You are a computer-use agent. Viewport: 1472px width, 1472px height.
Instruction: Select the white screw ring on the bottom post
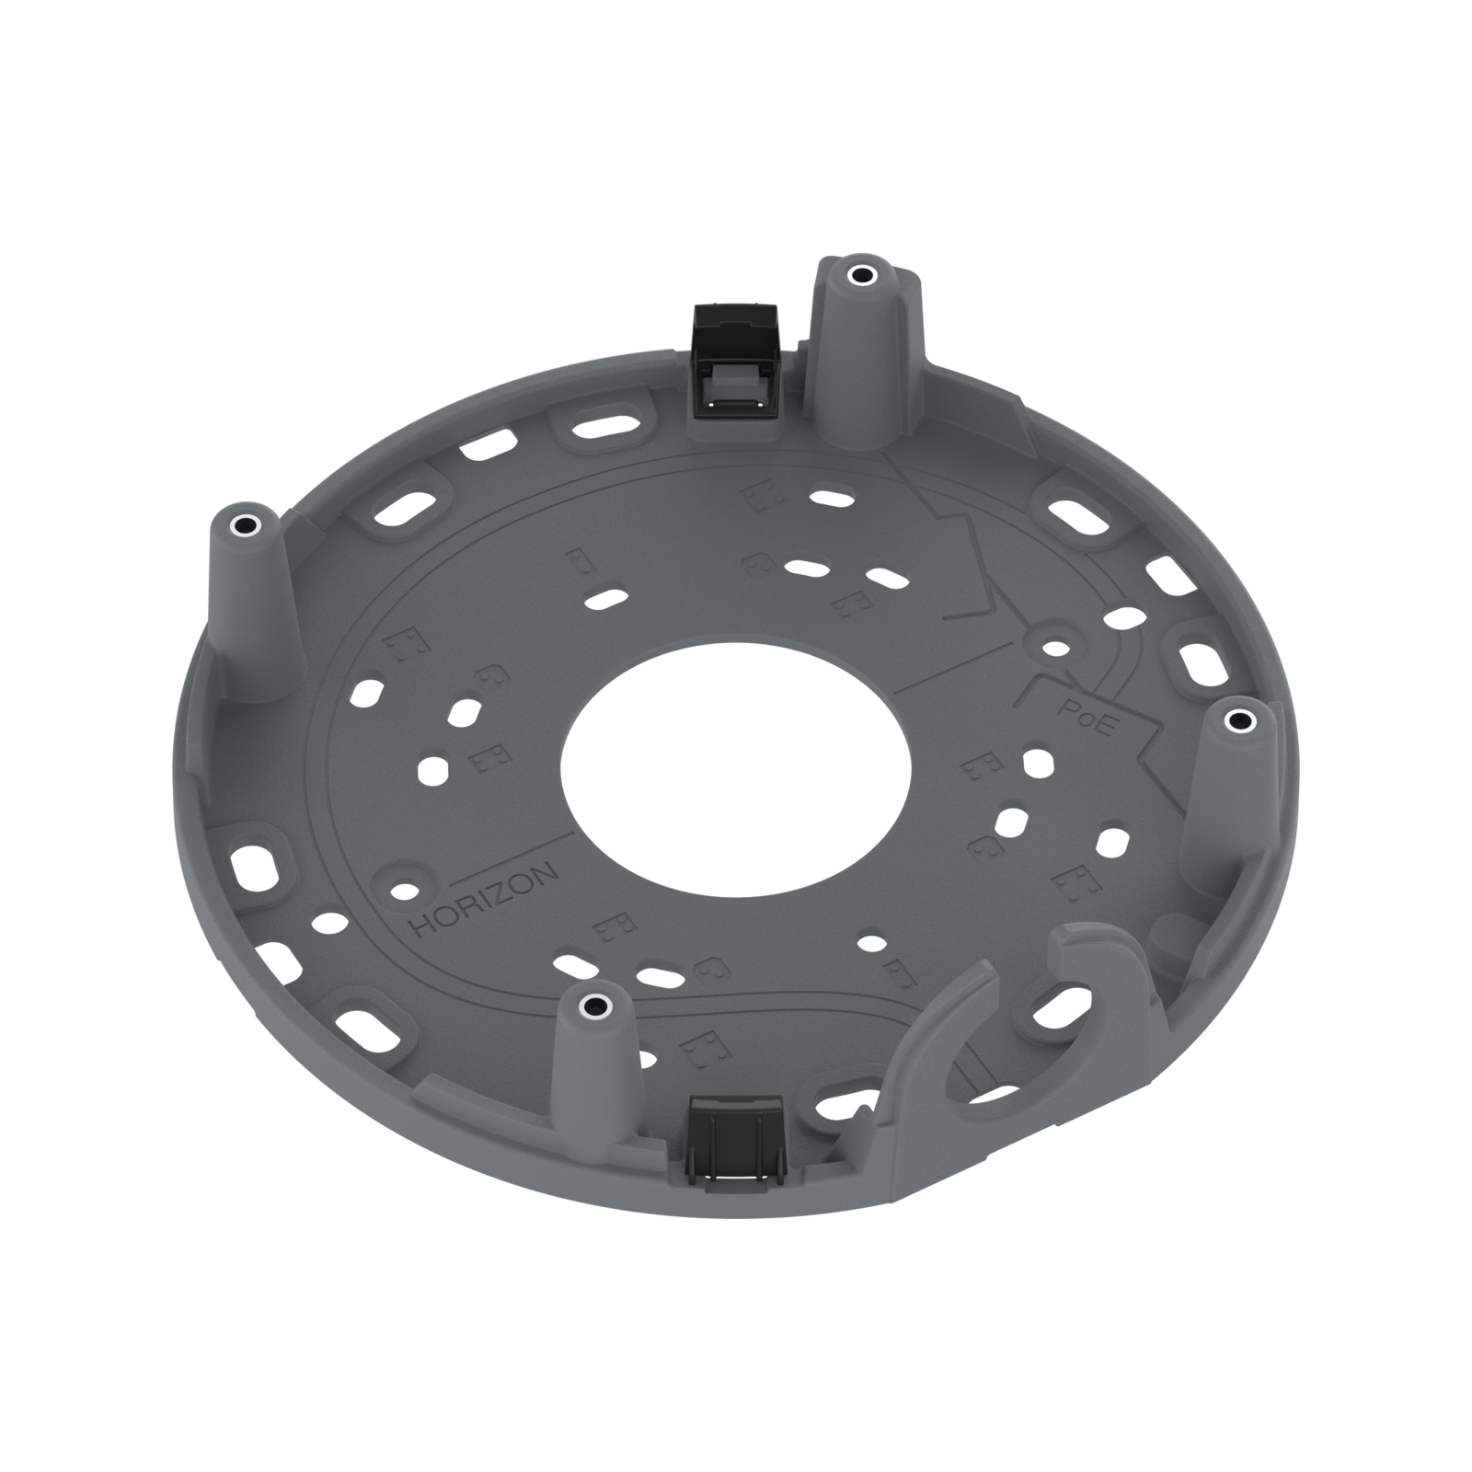coord(594,1005)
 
